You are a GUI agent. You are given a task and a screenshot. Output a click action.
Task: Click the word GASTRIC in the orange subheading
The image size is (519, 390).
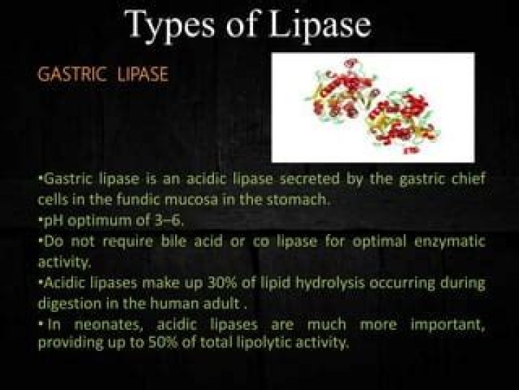click(73, 74)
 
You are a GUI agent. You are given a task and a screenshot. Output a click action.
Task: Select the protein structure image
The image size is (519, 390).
click(373, 108)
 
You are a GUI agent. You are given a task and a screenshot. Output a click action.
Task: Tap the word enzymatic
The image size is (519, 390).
click(450, 242)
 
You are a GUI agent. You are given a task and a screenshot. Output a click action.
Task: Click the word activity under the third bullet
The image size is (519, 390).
click(63, 262)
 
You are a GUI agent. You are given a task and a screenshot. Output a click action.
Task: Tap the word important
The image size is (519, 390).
click(448, 325)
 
